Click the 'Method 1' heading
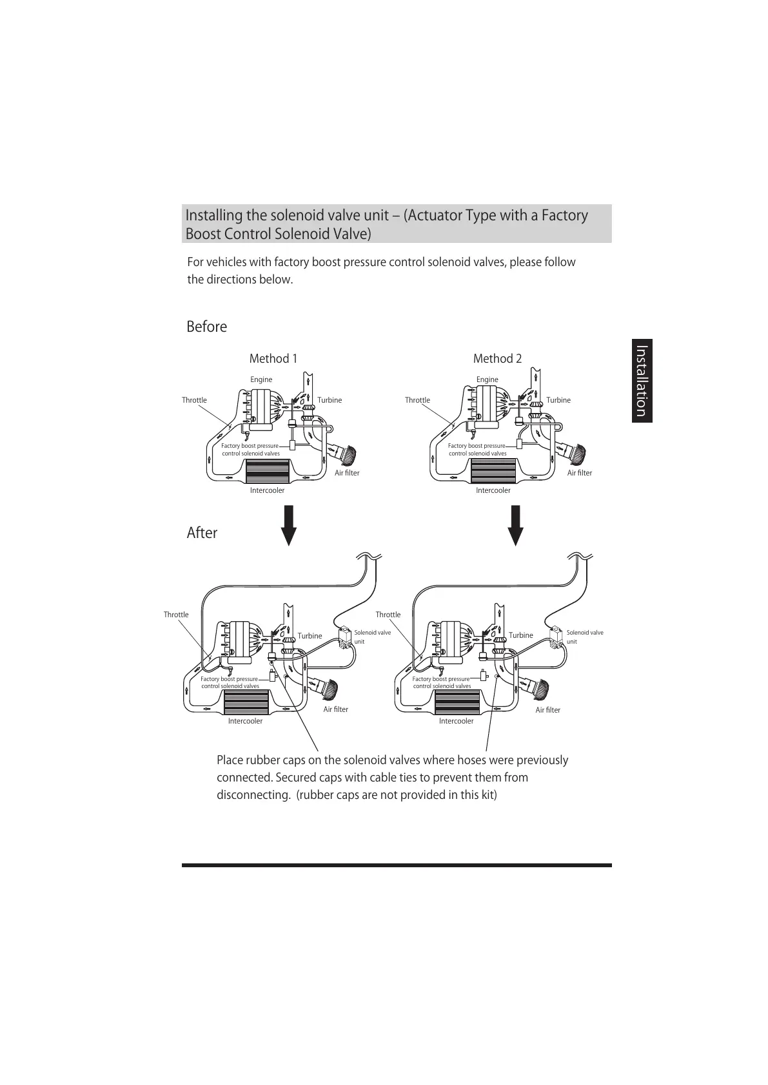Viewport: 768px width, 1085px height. pos(273,359)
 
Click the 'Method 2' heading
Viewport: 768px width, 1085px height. pos(497,359)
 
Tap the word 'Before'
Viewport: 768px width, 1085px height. pos(206,327)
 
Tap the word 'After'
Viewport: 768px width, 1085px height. pos(202,533)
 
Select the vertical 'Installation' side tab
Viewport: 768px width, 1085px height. pos(642,381)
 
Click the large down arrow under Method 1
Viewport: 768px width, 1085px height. pos(289,525)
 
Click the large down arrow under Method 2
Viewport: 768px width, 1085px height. pos(515,525)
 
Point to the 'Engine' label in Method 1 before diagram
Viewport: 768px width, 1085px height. pos(261,379)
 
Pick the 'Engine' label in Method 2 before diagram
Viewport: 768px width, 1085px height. pos(487,379)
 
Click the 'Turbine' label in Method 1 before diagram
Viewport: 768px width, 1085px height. pos(330,400)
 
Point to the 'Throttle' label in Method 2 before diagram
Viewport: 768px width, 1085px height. pos(417,400)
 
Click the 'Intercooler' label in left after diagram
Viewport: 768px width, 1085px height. pos(245,721)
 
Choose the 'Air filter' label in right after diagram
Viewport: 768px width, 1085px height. pos(547,710)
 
